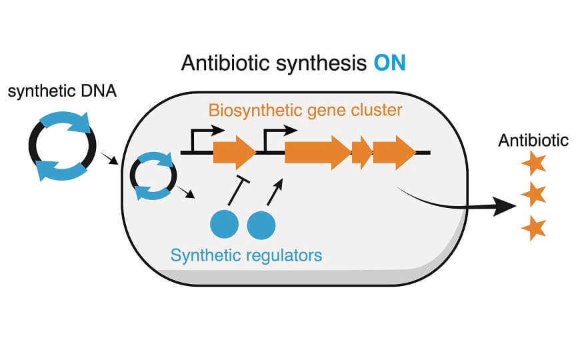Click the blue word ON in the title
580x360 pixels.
(x=389, y=65)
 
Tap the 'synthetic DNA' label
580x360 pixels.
(x=62, y=92)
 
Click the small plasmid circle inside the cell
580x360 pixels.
(x=153, y=176)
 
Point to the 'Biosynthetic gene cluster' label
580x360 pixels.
(x=305, y=110)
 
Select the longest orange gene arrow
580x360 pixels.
(x=317, y=153)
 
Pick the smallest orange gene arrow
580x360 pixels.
(x=361, y=153)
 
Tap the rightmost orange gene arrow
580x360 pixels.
(x=393, y=153)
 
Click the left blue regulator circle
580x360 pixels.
(x=224, y=225)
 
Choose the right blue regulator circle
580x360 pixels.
(x=261, y=225)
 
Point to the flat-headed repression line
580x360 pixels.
(x=237, y=191)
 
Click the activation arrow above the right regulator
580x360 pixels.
(x=274, y=191)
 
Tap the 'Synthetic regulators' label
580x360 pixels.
(x=246, y=255)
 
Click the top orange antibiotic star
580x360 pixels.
(x=533, y=163)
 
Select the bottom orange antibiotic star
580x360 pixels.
(x=533, y=227)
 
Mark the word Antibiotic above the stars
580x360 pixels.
(x=533, y=141)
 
